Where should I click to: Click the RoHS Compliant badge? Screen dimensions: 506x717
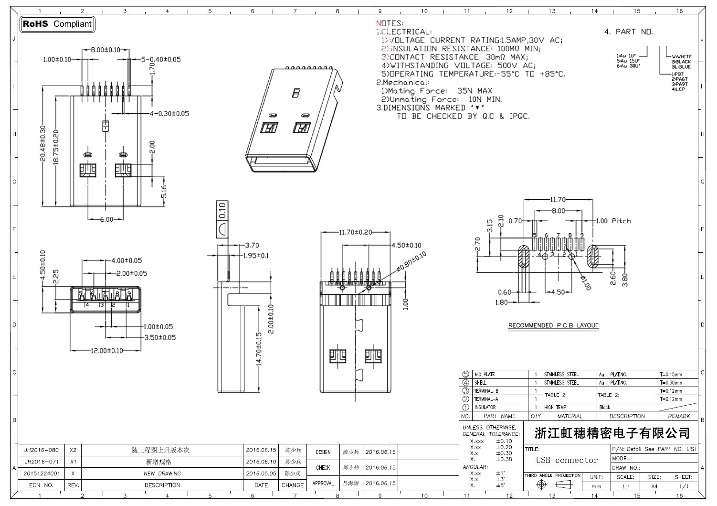click(x=57, y=24)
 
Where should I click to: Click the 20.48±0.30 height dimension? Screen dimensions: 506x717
click(x=42, y=143)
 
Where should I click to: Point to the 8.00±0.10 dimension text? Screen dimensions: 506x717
click(x=105, y=50)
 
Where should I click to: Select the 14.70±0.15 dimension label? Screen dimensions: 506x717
click(x=259, y=349)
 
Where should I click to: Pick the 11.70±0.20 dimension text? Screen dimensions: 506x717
click(x=355, y=232)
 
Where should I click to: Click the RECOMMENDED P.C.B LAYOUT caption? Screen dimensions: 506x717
click(x=553, y=325)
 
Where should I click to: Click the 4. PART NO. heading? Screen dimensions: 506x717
click(x=629, y=32)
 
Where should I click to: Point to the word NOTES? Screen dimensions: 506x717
click(x=390, y=23)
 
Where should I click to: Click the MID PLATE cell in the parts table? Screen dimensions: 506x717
click(x=484, y=375)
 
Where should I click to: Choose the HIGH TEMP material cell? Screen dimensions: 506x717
click(x=555, y=408)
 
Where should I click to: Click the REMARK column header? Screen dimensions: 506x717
click(x=679, y=416)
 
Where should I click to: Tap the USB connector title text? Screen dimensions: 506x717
click(x=567, y=460)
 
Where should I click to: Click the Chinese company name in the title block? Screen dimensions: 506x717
click(x=612, y=433)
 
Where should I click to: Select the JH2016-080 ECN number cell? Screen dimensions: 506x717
click(x=42, y=450)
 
